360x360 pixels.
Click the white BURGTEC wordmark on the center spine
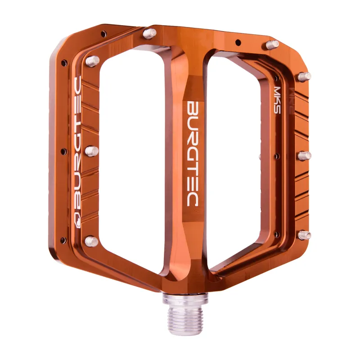click(193, 153)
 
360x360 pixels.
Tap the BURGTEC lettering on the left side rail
click(77, 144)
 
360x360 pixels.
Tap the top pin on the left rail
click(93, 61)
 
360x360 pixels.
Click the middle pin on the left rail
click(92, 151)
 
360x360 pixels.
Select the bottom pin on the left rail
click(91, 242)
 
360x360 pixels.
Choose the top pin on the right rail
click(304, 76)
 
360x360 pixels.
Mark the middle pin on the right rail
click(305, 156)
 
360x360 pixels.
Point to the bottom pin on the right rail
click(305, 235)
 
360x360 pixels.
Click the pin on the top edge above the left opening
click(150, 33)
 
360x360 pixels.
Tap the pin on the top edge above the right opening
click(272, 45)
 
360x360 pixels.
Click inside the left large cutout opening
click(130, 148)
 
